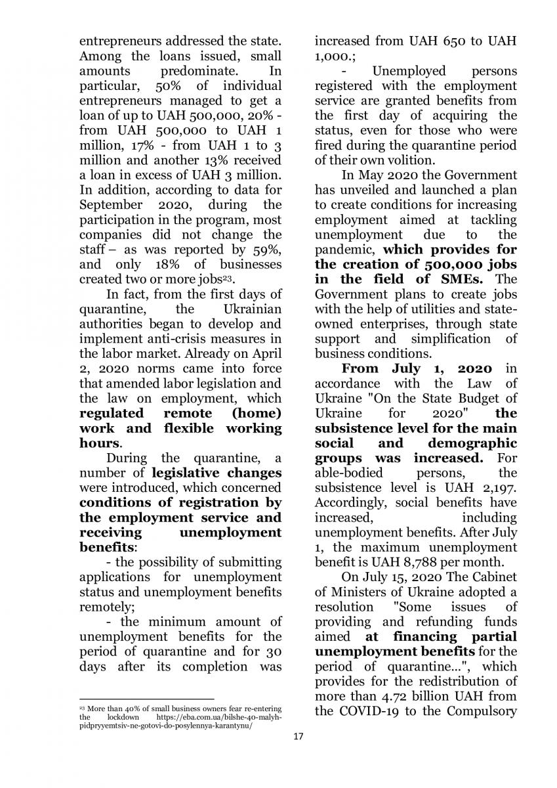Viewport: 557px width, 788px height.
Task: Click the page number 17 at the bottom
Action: [299, 736]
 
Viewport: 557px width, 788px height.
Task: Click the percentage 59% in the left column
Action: [268, 250]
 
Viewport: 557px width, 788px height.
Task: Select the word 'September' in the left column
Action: [113, 205]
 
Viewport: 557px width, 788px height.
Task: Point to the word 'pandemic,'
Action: [346, 250]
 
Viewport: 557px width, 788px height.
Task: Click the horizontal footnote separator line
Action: [146, 699]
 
